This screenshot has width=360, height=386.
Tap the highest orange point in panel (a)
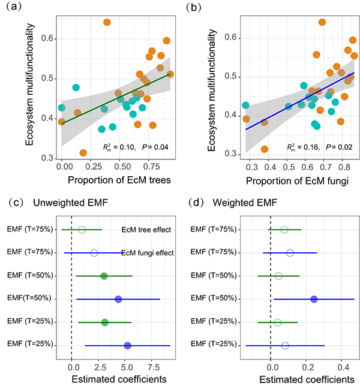[107, 22]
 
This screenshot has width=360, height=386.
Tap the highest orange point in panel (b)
[322, 22]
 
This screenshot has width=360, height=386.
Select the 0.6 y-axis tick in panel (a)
[47, 38]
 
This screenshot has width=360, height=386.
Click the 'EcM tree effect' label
[147, 230]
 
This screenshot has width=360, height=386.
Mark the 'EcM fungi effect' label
[147, 254]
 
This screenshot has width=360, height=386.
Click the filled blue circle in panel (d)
[314, 298]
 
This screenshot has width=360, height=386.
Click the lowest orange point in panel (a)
[83, 153]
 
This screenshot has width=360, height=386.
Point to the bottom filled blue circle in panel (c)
[127, 345]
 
